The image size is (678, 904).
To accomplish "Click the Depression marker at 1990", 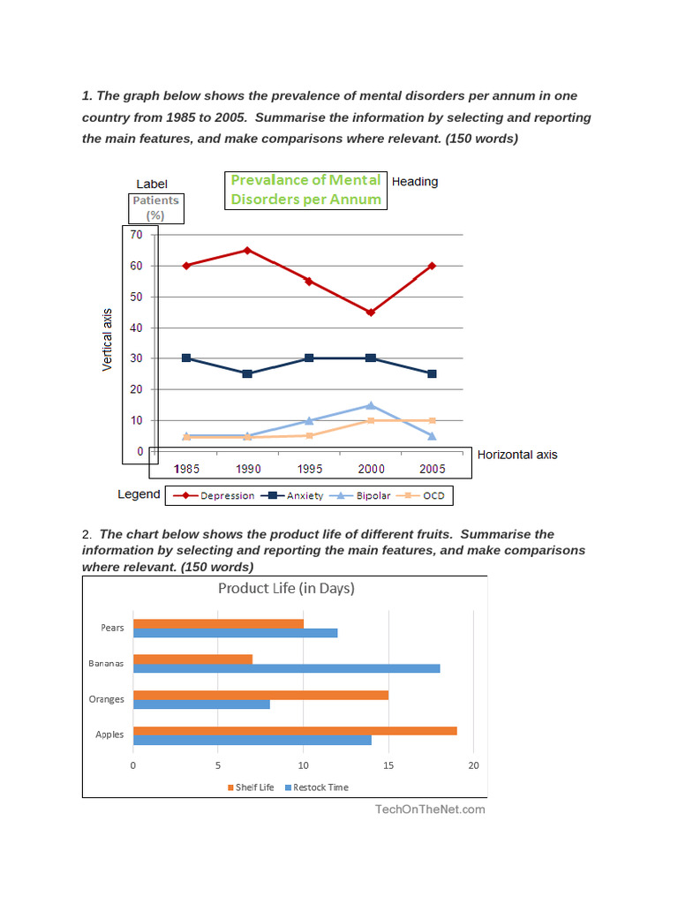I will pos(247,250).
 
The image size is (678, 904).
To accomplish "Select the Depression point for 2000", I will pos(371,312).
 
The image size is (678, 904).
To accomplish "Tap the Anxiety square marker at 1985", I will pos(185,358).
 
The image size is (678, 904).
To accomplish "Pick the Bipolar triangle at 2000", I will pos(371,405).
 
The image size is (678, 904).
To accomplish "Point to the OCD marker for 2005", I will pos(433,420).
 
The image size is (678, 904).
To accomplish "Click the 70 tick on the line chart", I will pos(136,234).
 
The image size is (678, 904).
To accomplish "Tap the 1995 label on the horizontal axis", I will pos(309,468).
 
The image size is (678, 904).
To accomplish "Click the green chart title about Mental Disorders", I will pos(305,189).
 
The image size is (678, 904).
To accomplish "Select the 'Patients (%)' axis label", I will pos(155,207).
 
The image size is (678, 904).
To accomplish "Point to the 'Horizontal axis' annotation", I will pos(517,455).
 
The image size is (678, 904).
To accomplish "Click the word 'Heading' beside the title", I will pos(415,182).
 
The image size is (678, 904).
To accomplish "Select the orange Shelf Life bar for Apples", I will pos(295,730).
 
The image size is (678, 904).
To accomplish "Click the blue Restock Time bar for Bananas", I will pos(286,667).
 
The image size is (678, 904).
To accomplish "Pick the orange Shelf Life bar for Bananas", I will pos(192,659).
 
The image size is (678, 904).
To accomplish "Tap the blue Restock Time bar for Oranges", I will pos(201,704).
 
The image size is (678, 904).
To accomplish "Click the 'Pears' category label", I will pos(113,628).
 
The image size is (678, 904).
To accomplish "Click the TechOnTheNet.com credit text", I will pos(430,809).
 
